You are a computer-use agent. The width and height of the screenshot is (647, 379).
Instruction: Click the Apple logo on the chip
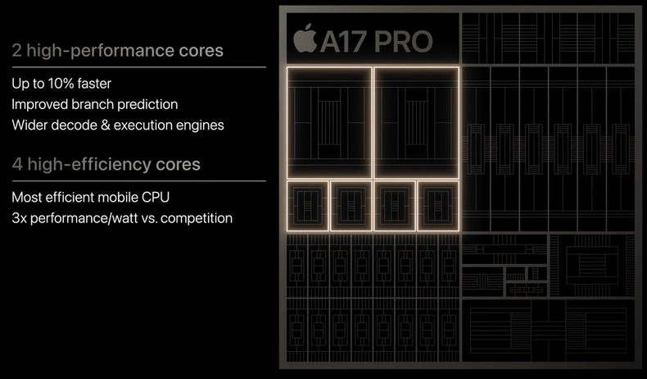pos(305,39)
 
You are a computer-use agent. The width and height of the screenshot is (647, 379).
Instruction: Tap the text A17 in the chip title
pos(343,42)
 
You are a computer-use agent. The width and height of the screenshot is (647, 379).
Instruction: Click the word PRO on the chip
pos(403,42)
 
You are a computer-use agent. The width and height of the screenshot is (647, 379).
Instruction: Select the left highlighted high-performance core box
pos(329,123)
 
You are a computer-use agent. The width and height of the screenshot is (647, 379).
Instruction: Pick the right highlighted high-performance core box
pos(416,123)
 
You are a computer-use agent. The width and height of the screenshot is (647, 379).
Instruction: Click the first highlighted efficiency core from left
pos(307,206)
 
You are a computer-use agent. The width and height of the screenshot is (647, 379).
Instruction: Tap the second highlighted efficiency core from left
pos(351,206)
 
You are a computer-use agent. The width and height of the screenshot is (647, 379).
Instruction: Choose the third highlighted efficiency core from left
pos(395,206)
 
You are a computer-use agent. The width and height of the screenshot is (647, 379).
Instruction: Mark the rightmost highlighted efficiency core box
pos(438,206)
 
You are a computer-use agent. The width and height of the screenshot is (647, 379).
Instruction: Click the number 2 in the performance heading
pos(16,50)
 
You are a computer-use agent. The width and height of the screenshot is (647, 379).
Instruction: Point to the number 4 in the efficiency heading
pos(17,165)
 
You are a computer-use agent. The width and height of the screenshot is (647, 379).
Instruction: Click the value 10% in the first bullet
pos(61,84)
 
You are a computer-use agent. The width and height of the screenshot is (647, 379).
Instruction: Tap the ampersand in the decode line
pos(105,125)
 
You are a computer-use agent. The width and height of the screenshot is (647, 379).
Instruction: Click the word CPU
pos(156,197)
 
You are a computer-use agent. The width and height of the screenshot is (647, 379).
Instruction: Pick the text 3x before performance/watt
pos(19,218)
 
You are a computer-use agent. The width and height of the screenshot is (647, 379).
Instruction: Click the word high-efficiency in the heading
pos(89,165)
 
